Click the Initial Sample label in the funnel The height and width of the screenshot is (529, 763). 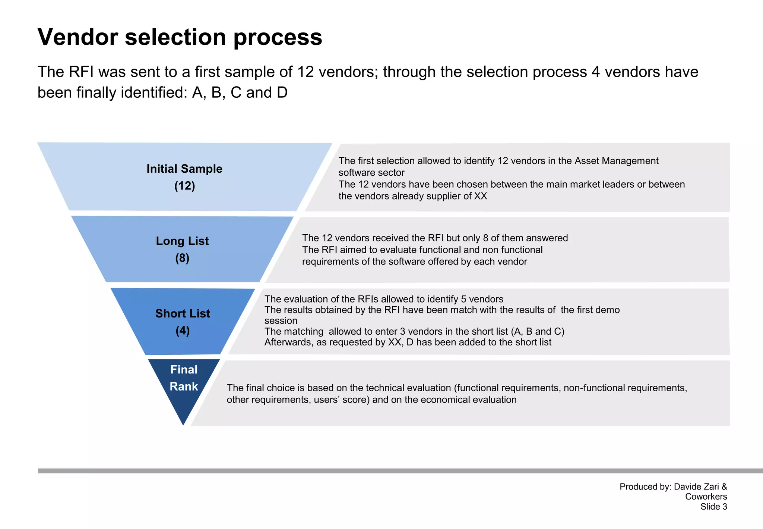[184, 169]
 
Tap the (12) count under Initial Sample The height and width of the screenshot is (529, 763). [184, 186]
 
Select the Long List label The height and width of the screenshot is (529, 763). [182, 241]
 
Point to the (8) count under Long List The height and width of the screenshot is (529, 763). [182, 258]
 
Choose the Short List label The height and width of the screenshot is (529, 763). [183, 313]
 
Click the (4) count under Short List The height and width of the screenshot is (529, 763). [183, 331]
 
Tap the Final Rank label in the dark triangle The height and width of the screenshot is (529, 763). [184, 378]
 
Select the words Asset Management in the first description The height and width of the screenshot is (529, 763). [616, 161]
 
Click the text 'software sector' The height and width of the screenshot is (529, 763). [371, 173]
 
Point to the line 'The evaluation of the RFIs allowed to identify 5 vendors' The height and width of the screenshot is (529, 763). [384, 299]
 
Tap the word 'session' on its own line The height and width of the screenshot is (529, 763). [281, 321]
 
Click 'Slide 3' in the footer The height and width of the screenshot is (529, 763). [713, 507]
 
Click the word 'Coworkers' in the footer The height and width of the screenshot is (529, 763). [706, 497]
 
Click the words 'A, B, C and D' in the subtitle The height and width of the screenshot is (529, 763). [240, 93]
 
